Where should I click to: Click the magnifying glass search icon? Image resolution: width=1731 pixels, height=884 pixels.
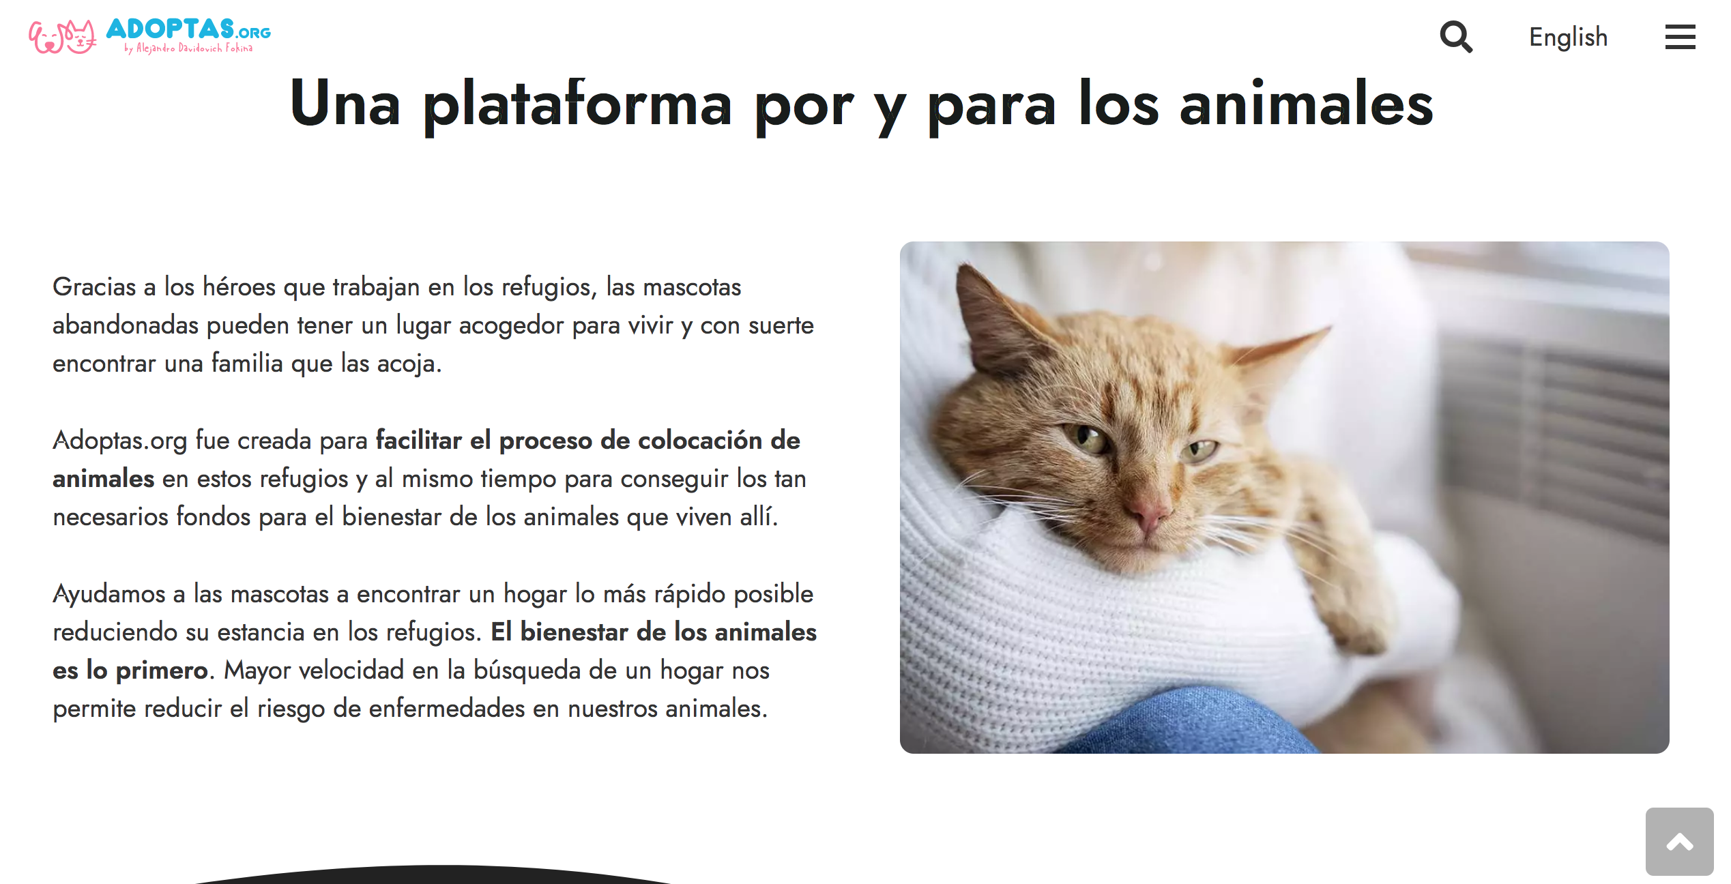1456,37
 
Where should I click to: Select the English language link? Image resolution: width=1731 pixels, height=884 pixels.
1568,38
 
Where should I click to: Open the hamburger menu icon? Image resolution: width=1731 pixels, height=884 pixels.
1680,37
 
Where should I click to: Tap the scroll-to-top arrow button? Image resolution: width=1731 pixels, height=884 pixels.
1679,841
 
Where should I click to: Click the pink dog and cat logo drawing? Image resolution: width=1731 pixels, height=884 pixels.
63,36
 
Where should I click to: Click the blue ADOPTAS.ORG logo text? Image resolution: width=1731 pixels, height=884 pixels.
188,29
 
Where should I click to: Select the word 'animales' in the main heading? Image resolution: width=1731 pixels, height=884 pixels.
1306,104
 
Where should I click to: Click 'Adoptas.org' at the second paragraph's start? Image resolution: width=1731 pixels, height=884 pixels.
119,441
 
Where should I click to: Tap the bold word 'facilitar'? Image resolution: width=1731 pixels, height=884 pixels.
419,440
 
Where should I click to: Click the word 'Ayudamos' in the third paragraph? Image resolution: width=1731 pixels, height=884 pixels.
109,595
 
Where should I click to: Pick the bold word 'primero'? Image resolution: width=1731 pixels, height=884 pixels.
162,671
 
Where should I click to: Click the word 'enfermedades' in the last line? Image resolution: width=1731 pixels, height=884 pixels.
446,709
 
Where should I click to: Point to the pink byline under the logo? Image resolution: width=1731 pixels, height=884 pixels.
188,48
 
